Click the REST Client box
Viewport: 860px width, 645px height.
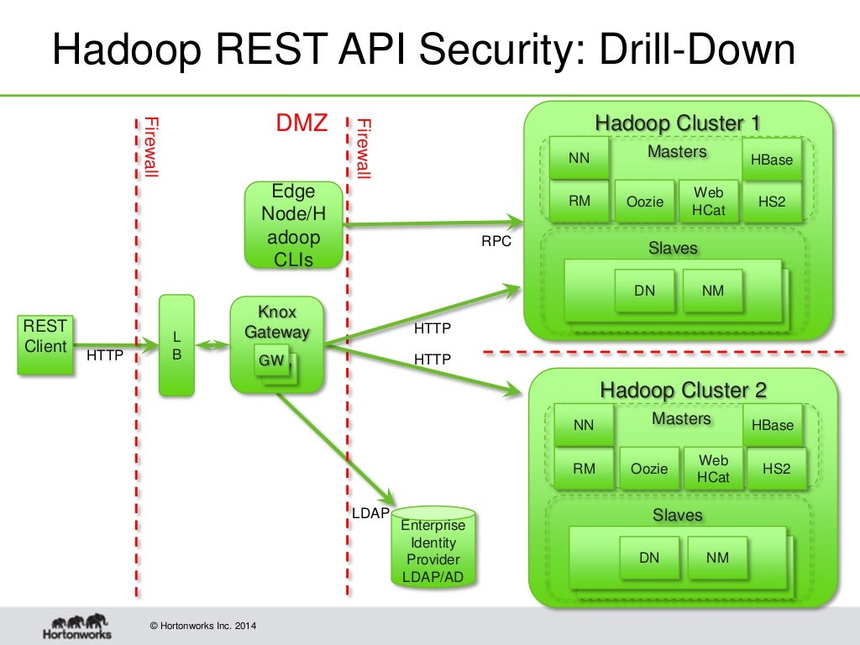tap(45, 343)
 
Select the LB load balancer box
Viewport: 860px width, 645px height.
tap(176, 344)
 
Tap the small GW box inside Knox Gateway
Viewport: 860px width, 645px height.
tap(271, 361)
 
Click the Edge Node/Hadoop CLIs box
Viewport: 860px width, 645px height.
tap(294, 225)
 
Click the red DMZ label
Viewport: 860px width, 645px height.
tap(302, 123)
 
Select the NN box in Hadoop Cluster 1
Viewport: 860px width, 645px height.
tap(579, 159)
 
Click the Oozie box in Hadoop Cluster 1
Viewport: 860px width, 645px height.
tap(645, 202)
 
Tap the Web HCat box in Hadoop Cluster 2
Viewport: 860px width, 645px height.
tap(713, 469)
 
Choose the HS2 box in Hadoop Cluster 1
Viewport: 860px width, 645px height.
tap(772, 202)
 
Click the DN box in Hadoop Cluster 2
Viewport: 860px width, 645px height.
tap(649, 558)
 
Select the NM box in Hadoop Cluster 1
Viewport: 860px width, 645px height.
tap(713, 291)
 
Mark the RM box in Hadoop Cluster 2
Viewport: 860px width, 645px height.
tap(585, 469)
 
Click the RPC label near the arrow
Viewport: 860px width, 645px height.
tap(496, 242)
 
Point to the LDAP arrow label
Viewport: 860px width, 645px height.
tap(370, 512)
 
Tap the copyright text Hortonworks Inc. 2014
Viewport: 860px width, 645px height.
tap(202, 627)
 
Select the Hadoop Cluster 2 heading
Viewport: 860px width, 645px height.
tap(683, 391)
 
